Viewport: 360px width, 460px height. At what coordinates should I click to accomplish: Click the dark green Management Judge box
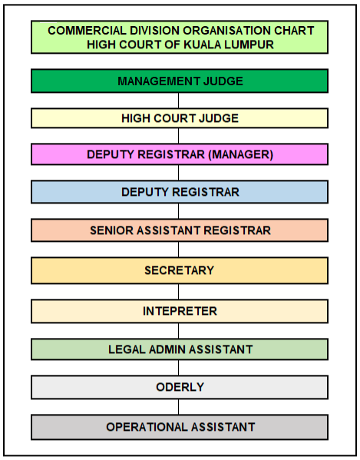click(180, 81)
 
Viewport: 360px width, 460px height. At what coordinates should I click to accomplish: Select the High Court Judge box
click(180, 118)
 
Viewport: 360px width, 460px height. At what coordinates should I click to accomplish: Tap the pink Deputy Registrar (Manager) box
click(180, 154)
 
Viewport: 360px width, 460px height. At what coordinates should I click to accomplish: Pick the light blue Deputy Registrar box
click(180, 192)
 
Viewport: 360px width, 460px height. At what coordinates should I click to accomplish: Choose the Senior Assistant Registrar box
click(180, 230)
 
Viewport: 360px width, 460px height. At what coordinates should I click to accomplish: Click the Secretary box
click(180, 270)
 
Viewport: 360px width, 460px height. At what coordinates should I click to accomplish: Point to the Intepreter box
click(180, 311)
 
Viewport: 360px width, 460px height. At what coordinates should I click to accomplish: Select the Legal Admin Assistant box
click(180, 349)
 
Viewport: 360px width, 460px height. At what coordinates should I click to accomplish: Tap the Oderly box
click(180, 387)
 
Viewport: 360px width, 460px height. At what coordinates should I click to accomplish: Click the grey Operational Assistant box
click(180, 427)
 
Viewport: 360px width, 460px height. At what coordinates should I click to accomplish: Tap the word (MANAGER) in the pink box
click(240, 154)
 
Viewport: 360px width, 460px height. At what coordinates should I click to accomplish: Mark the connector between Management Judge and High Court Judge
click(179, 101)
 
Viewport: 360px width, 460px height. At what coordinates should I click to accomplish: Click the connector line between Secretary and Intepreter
click(179, 292)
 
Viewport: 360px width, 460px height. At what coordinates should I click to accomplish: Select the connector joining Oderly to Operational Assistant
click(179, 407)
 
